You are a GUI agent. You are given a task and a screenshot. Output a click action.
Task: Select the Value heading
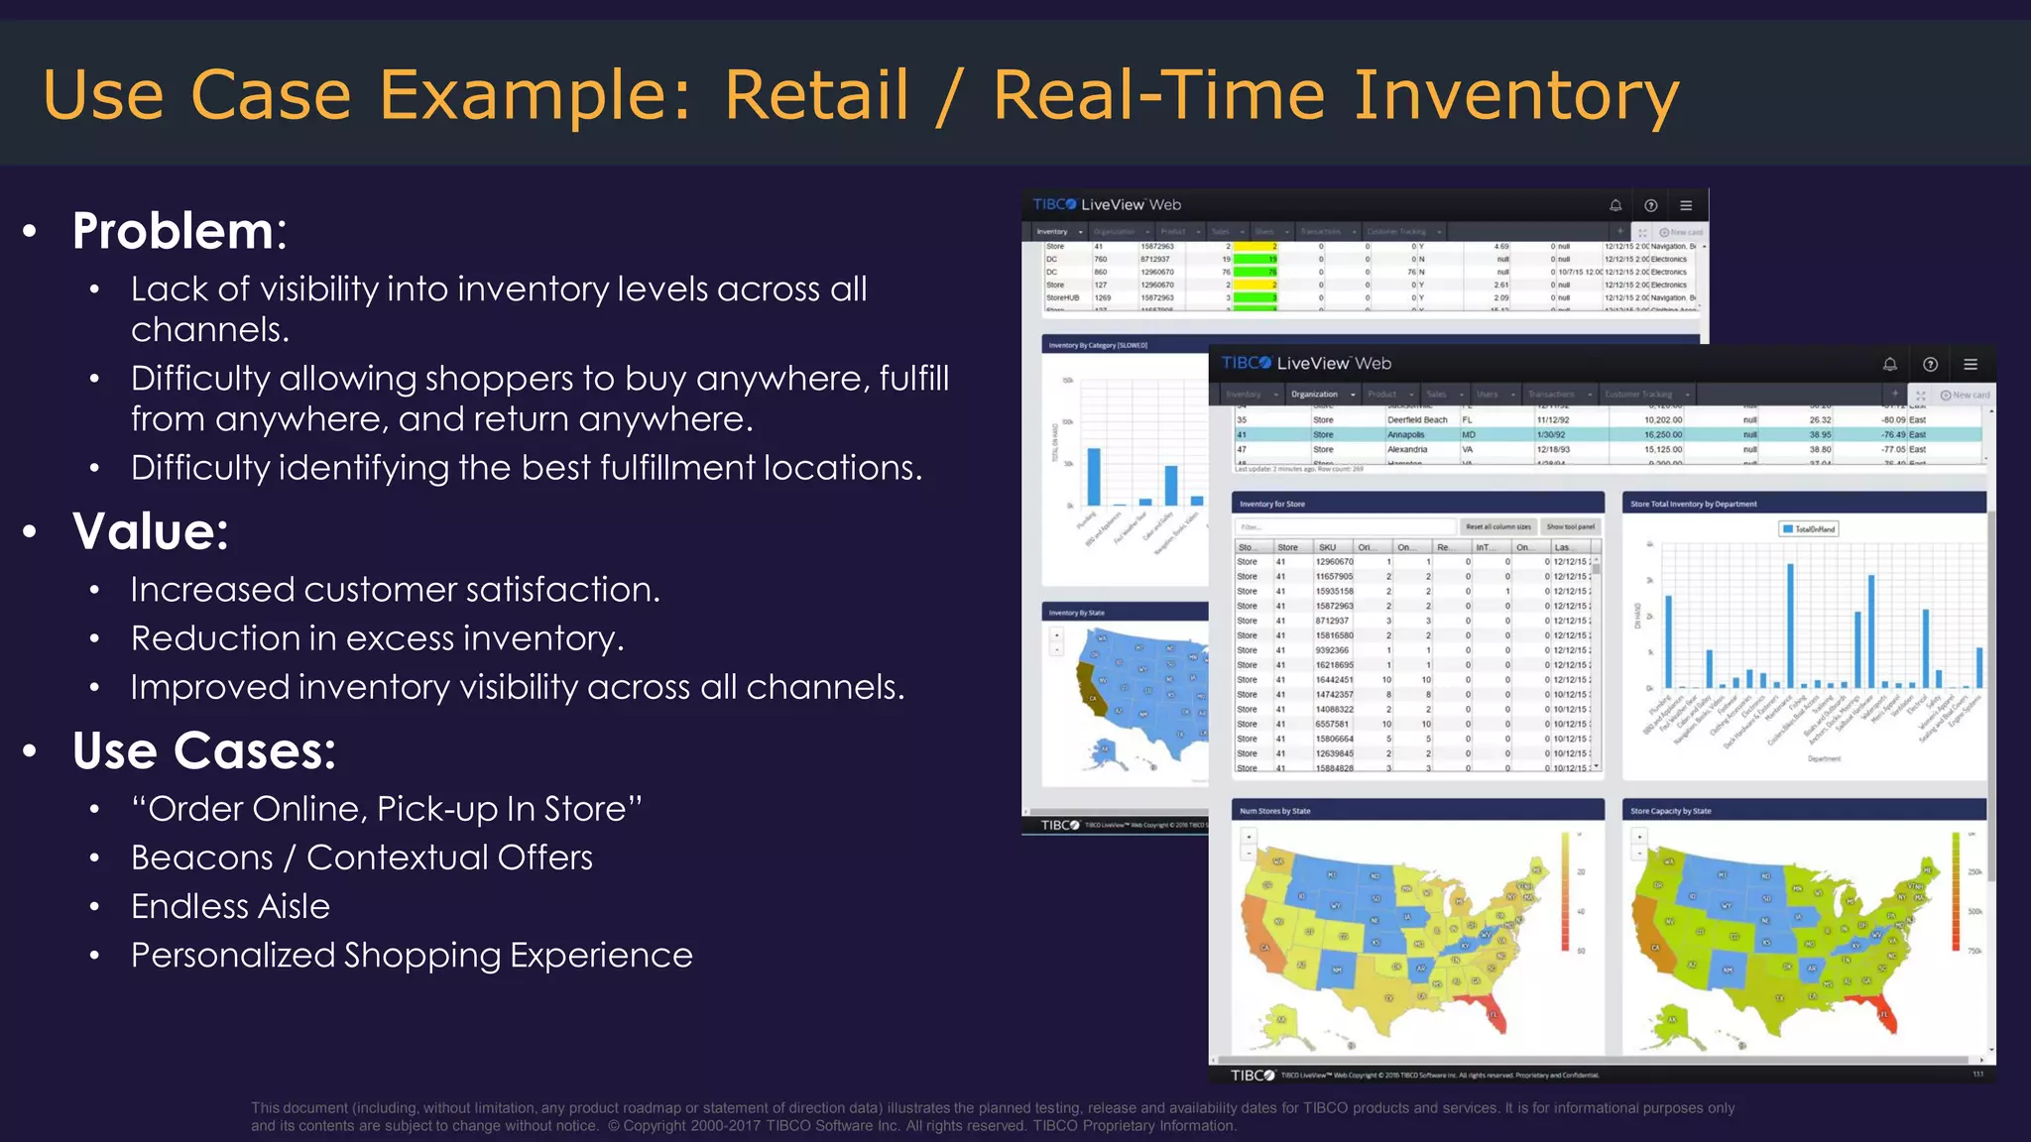150,531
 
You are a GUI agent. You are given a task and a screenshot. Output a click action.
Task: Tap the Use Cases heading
203,750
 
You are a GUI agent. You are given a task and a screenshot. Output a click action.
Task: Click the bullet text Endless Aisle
230,906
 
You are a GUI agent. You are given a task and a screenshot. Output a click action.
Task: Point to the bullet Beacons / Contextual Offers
361,857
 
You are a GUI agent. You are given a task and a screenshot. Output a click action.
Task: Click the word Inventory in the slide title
1515,95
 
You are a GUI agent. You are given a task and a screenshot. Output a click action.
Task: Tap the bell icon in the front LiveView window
1889,364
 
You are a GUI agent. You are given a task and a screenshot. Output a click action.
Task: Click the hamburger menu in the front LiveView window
1971,364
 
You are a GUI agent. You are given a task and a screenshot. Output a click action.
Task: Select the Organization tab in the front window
1314,395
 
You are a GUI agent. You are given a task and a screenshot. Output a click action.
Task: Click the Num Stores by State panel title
1274,811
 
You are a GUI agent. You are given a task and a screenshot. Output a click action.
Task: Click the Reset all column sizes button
1497,527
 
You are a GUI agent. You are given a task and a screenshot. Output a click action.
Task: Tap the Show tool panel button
1570,527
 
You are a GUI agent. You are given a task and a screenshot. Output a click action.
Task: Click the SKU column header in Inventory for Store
1327,547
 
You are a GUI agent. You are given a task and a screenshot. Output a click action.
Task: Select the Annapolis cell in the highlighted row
1405,434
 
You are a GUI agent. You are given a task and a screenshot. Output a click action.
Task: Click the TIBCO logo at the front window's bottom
1252,1076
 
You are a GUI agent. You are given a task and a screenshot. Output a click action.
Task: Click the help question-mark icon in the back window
1650,205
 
